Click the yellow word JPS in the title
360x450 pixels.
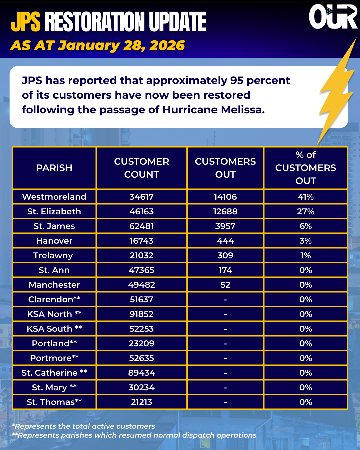(x=26, y=22)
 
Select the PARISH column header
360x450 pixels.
(x=54, y=168)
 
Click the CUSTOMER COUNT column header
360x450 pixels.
(x=141, y=168)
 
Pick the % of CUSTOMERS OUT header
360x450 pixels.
(x=305, y=168)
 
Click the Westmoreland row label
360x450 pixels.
(x=54, y=197)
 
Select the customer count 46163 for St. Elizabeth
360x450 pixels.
(x=141, y=211)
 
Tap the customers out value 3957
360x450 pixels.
(x=225, y=226)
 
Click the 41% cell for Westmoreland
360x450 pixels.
(x=305, y=197)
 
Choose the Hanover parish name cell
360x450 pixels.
(x=54, y=241)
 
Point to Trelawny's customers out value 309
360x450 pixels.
(x=225, y=255)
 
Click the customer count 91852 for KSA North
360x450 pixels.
(x=141, y=314)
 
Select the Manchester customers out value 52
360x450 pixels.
(x=225, y=285)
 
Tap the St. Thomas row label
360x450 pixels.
(x=54, y=402)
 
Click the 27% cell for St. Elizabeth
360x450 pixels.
(x=305, y=211)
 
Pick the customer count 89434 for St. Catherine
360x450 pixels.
(x=141, y=373)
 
